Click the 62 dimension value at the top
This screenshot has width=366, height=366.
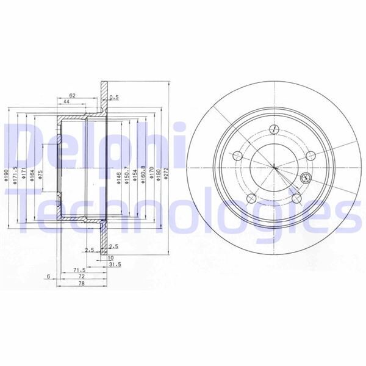click(x=72, y=95)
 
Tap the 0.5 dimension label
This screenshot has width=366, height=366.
click(x=113, y=97)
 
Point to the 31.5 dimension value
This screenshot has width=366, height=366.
click(x=113, y=265)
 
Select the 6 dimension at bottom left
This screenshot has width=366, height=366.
click(x=48, y=276)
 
